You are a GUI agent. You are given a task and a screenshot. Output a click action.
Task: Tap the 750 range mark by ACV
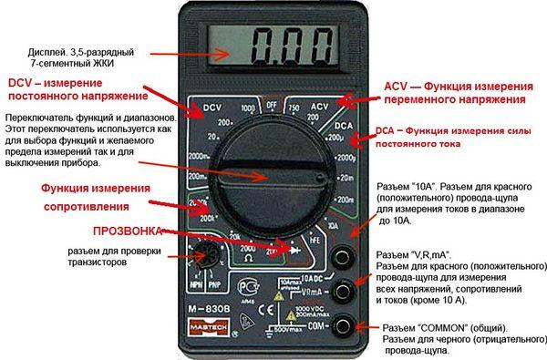(294, 108)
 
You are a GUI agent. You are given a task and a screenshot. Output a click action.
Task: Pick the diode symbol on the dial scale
(294, 246)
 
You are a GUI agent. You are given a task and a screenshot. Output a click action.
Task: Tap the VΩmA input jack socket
(343, 290)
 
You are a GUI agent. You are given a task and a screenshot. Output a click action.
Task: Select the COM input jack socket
(343, 324)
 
